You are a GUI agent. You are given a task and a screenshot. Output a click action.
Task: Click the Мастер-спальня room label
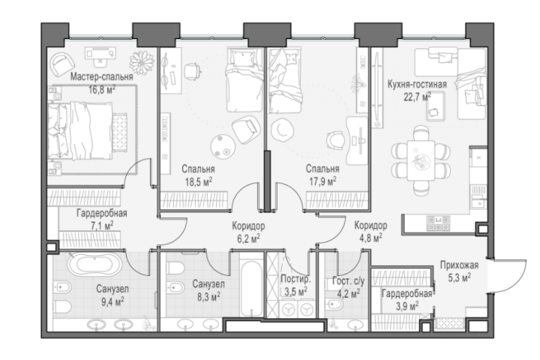click(101, 76)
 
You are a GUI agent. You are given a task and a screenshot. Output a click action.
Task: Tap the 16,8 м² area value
click(102, 89)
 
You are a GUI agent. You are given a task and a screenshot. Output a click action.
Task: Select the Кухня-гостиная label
click(417, 85)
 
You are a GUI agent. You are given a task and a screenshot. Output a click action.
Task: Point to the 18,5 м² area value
click(199, 181)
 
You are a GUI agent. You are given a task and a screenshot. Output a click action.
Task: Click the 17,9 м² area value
click(322, 181)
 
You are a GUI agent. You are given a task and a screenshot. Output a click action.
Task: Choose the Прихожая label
click(460, 265)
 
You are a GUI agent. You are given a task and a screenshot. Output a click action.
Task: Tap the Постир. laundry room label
click(295, 279)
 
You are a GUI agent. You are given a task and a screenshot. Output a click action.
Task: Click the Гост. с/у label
click(348, 281)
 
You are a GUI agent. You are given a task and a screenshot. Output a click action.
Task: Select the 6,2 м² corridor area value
click(248, 238)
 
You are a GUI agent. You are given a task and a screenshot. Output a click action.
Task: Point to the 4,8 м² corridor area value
click(370, 238)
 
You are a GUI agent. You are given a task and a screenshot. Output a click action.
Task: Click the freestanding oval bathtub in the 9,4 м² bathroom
click(94, 265)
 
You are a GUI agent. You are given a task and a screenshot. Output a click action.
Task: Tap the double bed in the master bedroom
click(80, 130)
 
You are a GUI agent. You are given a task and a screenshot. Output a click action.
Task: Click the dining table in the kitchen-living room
click(421, 160)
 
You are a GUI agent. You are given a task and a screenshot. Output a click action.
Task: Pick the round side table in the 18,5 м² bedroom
click(221, 146)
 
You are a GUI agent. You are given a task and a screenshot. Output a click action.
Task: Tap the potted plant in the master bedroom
click(142, 62)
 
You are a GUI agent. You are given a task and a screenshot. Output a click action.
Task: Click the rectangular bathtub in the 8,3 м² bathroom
click(250, 289)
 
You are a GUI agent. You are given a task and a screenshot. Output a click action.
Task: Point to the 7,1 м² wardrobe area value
click(101, 226)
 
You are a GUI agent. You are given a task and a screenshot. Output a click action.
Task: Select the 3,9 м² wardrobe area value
click(407, 305)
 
